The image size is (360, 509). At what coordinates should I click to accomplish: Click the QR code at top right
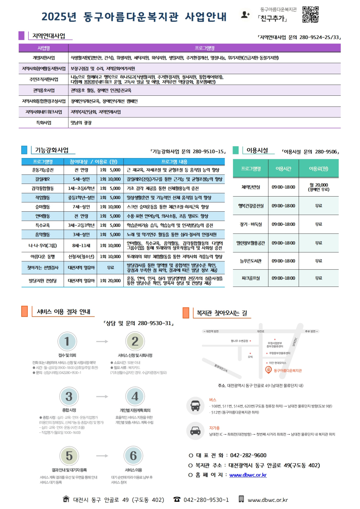310,14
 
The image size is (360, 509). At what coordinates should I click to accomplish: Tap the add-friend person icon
245,15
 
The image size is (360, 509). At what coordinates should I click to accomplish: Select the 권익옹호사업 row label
44,90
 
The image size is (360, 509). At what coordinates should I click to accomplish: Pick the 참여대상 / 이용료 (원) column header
93,162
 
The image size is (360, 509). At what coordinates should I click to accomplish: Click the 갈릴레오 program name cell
43,179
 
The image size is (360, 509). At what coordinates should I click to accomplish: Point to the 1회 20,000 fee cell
110,281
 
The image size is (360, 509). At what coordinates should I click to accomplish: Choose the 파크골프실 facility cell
251,278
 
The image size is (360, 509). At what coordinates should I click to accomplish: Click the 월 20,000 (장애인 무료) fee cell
319,187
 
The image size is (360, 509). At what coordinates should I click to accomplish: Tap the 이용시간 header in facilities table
283,169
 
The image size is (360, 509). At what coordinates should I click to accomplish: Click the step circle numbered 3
69,396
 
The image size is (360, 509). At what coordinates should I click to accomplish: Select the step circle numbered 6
133,455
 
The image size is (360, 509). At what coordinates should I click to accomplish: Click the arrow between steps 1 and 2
102,341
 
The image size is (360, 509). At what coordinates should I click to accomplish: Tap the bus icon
195,406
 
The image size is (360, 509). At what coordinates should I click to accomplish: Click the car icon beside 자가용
195,431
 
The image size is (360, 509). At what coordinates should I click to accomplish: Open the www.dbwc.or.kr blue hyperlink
248,475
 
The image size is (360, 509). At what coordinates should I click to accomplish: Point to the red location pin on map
268,370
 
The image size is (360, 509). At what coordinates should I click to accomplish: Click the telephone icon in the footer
177,499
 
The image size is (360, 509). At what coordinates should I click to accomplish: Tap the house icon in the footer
66,499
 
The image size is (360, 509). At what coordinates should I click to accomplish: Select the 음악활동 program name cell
43,235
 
